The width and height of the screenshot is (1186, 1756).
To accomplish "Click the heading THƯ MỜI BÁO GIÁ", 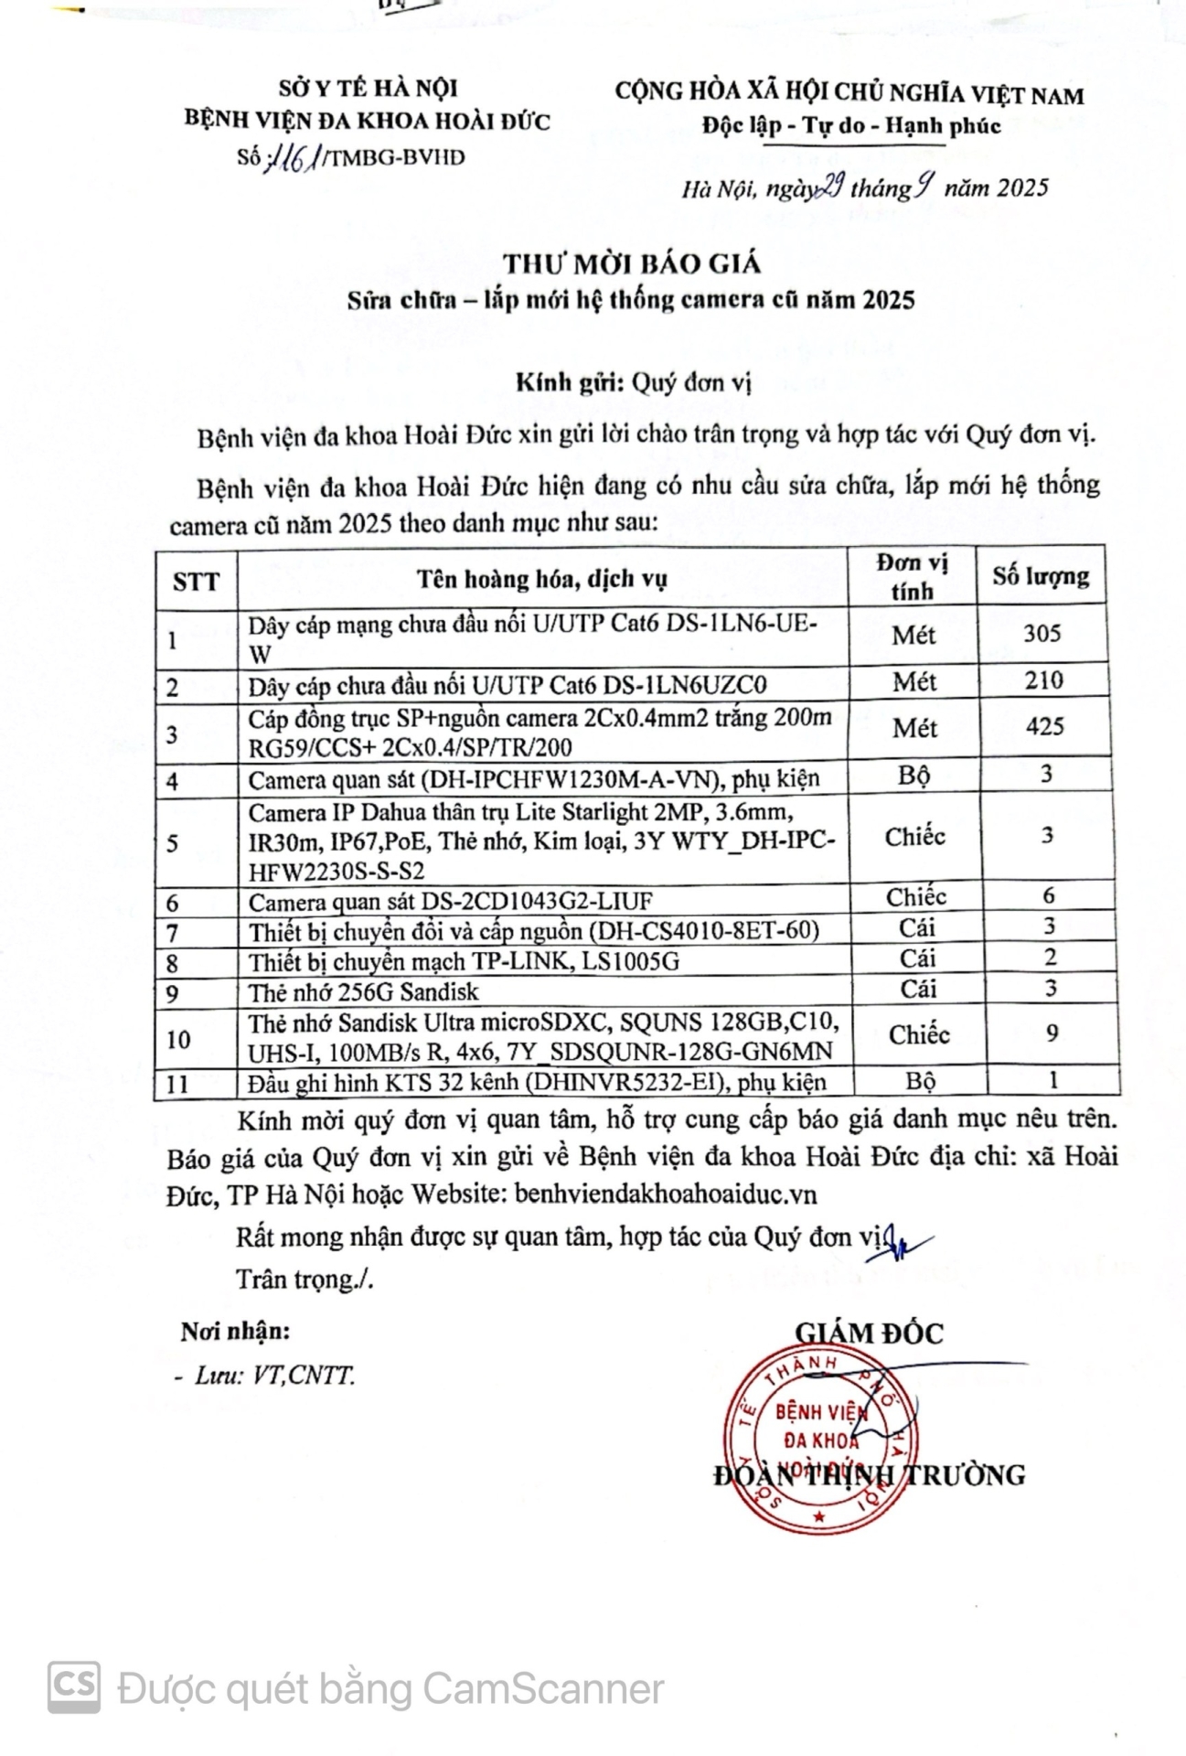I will (632, 264).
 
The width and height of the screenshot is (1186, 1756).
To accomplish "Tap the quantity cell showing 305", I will (1042, 634).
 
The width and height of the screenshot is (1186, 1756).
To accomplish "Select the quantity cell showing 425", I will (1044, 727).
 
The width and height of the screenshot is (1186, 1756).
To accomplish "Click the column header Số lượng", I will (1041, 576).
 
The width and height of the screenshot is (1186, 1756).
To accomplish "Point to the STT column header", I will (196, 582).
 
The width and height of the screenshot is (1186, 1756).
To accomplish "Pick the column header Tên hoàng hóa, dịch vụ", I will (542, 579).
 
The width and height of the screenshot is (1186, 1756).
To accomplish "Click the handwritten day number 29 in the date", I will (830, 187).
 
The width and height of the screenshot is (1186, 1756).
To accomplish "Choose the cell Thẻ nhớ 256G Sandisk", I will (363, 991).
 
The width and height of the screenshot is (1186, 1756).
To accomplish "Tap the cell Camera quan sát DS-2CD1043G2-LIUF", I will (450, 902).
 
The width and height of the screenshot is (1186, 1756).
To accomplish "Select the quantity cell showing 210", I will (1043, 680).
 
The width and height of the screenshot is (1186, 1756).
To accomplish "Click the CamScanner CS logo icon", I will (73, 1686).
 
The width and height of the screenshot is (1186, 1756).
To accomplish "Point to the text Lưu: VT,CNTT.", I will (273, 1376).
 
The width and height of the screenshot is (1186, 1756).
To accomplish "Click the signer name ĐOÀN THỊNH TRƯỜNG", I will (869, 1474).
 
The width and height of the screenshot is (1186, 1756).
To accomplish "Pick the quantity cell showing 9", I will (1052, 1033).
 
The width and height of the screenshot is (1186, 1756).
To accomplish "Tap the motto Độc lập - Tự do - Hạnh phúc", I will (850, 126).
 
